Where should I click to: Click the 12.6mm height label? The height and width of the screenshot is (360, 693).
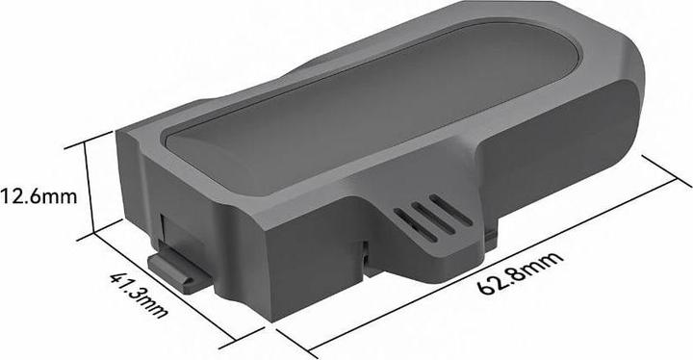[x=38, y=196]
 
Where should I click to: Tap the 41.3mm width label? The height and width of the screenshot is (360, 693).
[x=139, y=295]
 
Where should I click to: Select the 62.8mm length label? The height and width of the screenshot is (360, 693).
[x=521, y=272]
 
